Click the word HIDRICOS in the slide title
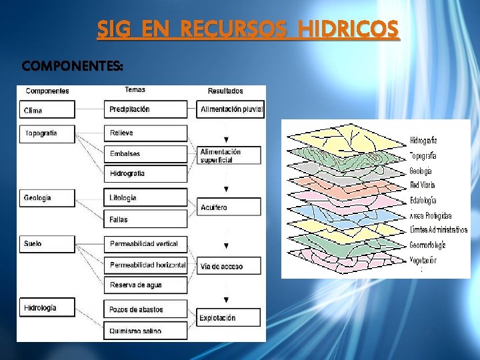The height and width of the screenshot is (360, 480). point(349,30)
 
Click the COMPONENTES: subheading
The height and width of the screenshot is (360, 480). point(72,66)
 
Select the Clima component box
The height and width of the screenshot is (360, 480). point(47,110)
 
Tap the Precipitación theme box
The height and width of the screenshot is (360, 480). point(145,109)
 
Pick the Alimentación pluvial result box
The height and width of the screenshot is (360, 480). point(230,109)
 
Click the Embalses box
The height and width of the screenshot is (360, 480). point(145,154)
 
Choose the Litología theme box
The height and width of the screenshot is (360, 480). point(145,198)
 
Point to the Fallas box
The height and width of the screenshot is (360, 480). point(145,219)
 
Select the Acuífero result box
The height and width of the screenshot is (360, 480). point(230,208)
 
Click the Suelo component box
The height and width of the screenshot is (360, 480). point(47,244)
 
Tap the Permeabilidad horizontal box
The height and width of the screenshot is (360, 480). point(145,265)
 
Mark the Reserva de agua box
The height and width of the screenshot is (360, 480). point(145,285)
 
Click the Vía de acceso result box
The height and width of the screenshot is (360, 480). point(230,267)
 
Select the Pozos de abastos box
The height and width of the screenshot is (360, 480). point(145,310)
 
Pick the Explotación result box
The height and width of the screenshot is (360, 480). point(230,318)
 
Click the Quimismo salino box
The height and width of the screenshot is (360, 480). point(145,331)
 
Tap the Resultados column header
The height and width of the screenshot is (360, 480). point(225,91)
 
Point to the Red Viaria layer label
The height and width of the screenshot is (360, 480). point(423,185)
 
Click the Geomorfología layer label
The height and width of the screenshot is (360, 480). point(427,245)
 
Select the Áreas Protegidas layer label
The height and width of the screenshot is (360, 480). point(431,215)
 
